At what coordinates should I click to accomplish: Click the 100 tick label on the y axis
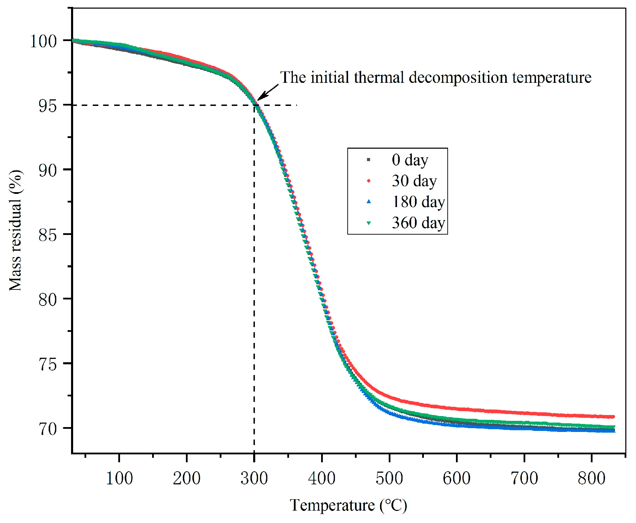(x=43, y=41)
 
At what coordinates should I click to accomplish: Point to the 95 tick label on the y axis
(x=48, y=106)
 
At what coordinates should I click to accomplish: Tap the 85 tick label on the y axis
(x=48, y=235)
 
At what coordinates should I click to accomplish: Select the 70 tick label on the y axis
(x=48, y=429)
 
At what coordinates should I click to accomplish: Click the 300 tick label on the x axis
(x=254, y=478)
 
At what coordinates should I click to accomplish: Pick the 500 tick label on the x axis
(x=389, y=478)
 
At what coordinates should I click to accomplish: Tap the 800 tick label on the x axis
(x=592, y=478)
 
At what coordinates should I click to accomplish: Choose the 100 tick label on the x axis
(x=119, y=478)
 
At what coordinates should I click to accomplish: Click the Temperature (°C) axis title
(x=348, y=505)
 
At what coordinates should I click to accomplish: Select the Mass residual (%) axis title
(x=16, y=230)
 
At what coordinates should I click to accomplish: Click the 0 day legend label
(x=410, y=160)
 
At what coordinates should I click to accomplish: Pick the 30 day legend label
(x=414, y=181)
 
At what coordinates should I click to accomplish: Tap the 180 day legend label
(x=418, y=202)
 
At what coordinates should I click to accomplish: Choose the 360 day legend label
(x=418, y=223)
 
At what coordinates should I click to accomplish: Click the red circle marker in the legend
(x=369, y=181)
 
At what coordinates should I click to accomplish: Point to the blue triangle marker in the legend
(x=369, y=202)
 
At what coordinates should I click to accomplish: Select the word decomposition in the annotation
(x=458, y=78)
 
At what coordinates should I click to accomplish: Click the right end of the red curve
(x=613, y=417)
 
